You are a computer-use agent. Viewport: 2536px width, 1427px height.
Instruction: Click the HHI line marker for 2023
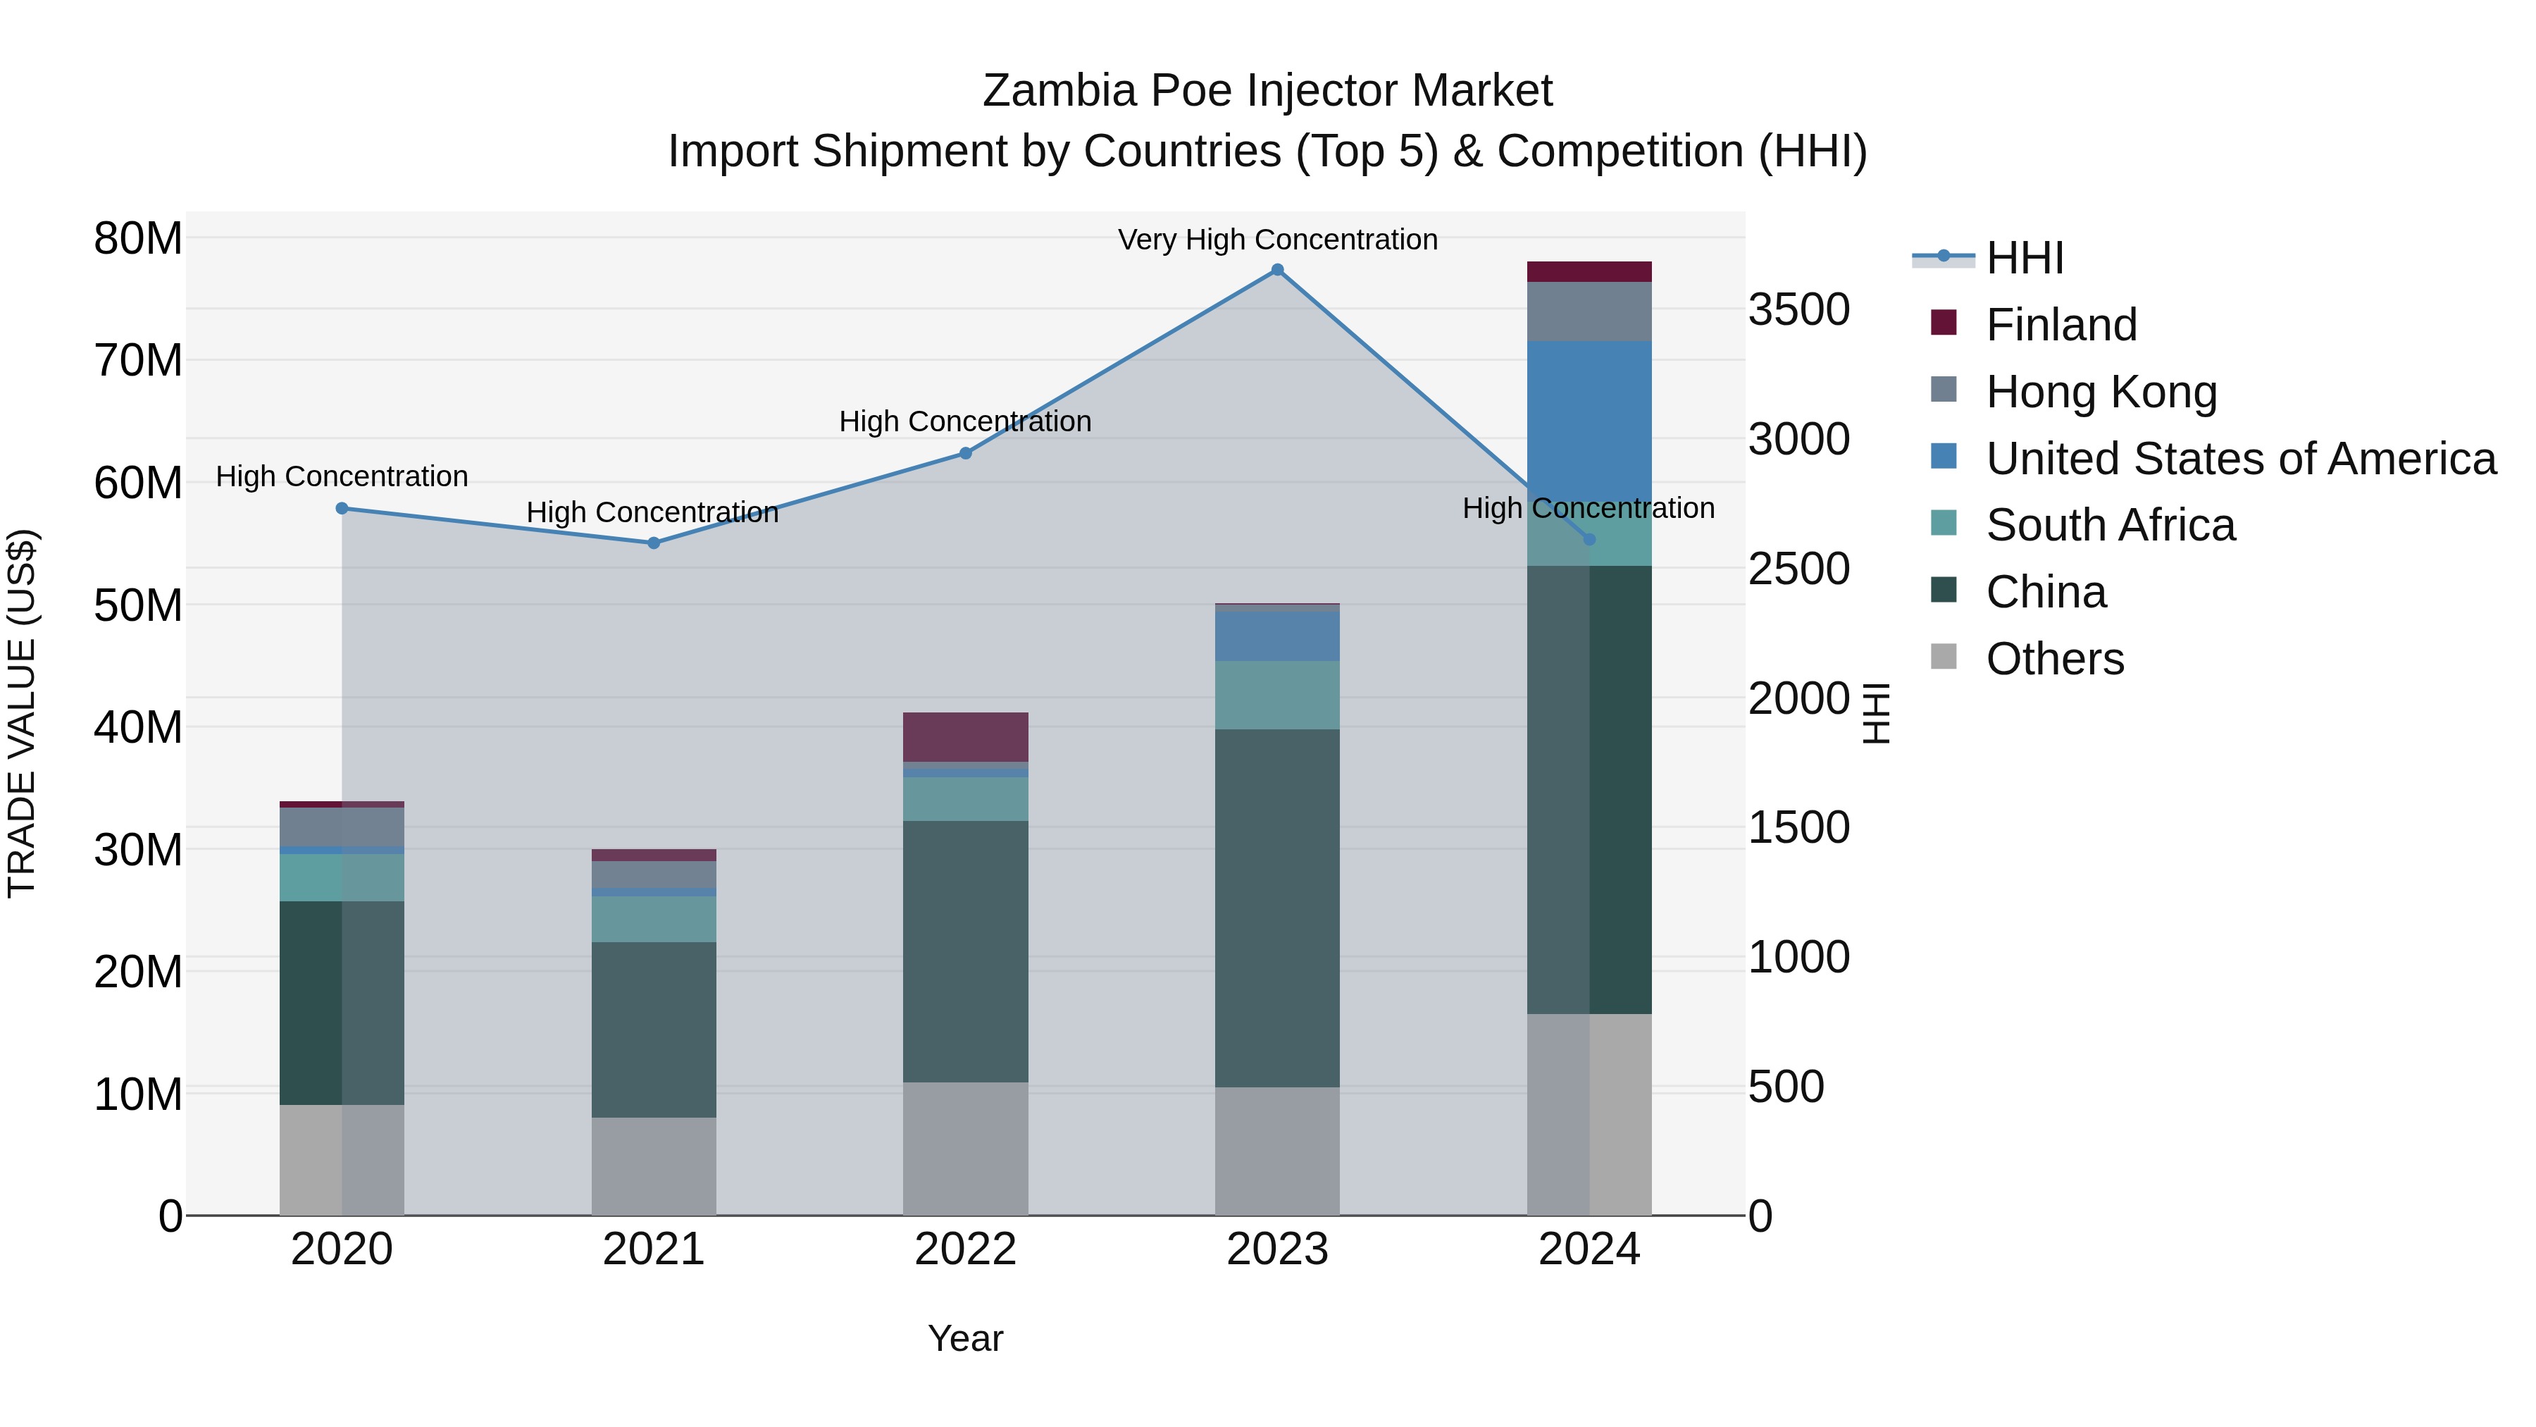tap(1277, 270)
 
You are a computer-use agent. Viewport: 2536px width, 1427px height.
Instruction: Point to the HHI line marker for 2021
tap(654, 543)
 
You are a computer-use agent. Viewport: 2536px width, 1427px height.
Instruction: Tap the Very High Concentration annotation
tap(1277, 240)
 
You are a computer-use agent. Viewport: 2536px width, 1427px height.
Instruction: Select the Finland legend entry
tap(2060, 325)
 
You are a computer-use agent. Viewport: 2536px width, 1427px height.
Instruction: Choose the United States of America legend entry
tap(2239, 459)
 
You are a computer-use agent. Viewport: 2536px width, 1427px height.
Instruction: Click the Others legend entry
tap(2055, 659)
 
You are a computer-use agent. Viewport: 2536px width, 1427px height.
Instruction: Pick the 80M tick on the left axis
tap(138, 238)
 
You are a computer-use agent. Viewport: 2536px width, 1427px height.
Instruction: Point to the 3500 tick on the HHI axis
tap(1798, 309)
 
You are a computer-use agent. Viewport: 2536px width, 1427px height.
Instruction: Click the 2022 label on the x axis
tap(965, 1249)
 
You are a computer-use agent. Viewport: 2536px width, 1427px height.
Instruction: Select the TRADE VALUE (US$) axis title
tap(22, 713)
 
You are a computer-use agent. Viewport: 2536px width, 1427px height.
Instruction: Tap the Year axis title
tap(965, 1338)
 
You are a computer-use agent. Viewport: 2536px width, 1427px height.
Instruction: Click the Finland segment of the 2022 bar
tap(965, 736)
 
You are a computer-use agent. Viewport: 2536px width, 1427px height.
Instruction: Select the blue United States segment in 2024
tap(1589, 414)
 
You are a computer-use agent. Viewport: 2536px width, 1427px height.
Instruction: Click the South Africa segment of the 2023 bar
tap(1277, 696)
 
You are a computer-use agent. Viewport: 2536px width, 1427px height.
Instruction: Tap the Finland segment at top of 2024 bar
tap(1589, 272)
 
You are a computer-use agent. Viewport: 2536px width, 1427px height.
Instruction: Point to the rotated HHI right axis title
tap(1877, 713)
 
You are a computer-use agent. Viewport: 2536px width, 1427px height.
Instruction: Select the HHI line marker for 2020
tap(342, 508)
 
